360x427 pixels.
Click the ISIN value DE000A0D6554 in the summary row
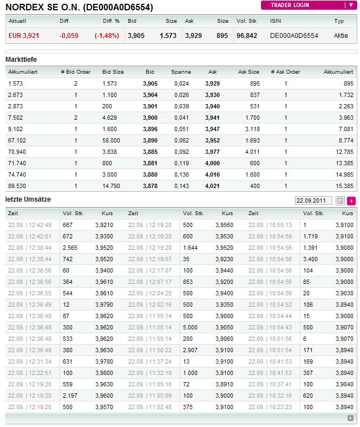(294, 36)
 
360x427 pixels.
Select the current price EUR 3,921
(24, 36)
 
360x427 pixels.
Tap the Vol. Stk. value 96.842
(247, 36)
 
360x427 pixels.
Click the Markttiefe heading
(21, 59)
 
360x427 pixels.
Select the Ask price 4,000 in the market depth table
(212, 163)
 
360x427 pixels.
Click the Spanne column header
(181, 72)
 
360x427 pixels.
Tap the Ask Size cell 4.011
(252, 152)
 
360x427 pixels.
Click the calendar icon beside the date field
(341, 200)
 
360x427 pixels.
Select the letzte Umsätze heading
(28, 199)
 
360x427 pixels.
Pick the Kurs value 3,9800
(104, 373)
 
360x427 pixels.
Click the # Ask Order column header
(285, 72)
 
